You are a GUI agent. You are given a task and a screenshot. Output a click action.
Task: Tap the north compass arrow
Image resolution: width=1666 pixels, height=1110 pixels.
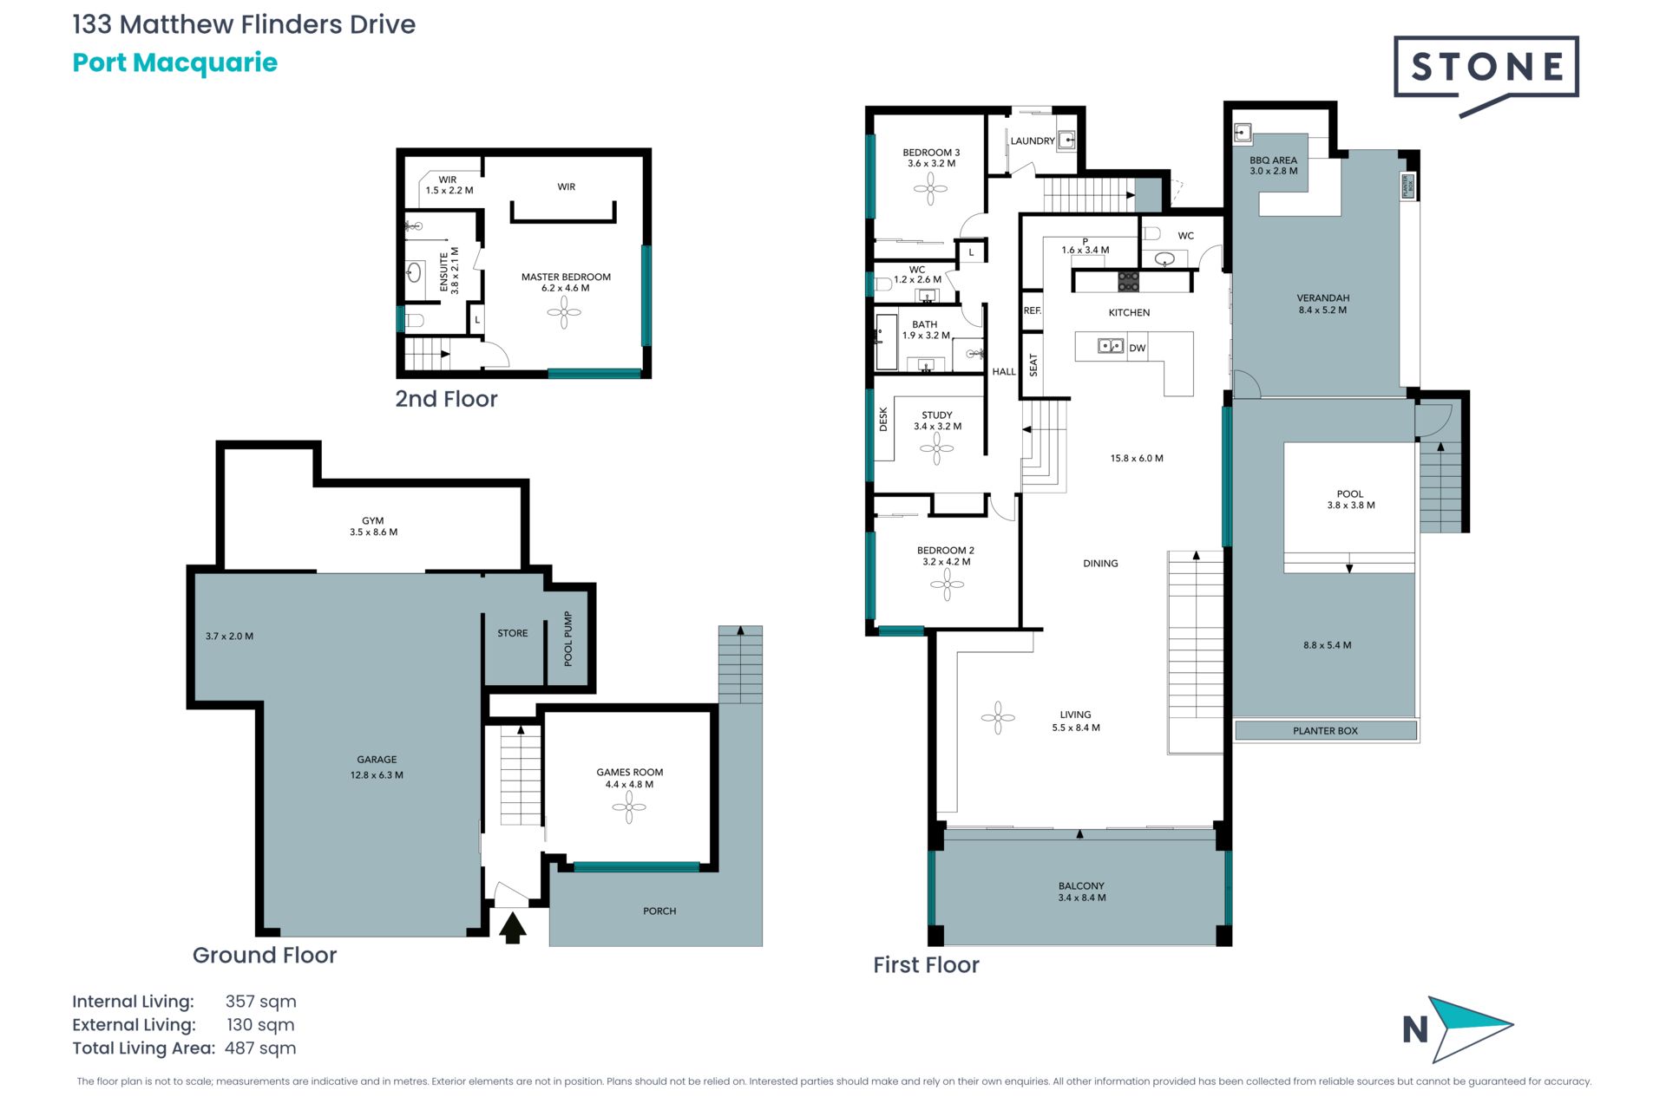[x=1470, y=1029]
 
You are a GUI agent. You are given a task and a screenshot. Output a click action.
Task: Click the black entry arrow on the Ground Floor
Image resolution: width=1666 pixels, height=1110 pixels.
[x=513, y=927]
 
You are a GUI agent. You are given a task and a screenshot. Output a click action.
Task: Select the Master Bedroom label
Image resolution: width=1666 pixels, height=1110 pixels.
[x=566, y=277]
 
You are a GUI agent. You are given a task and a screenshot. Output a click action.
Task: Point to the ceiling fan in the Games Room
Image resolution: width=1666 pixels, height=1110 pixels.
[x=629, y=808]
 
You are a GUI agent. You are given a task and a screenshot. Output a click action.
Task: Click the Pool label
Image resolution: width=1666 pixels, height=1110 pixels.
[x=1350, y=494]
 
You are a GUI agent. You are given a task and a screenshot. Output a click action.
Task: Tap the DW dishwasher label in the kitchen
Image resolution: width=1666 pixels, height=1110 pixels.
[x=1138, y=349]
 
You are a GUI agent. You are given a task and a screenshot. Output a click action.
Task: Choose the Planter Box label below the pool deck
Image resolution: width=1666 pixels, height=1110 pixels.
[x=1325, y=731]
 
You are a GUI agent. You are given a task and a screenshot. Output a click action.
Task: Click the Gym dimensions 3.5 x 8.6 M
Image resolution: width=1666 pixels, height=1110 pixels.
[x=373, y=532]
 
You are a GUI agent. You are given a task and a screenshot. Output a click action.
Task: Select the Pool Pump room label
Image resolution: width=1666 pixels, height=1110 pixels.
[x=568, y=639]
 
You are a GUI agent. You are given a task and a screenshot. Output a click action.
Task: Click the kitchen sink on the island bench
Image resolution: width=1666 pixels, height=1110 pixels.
[x=1111, y=346]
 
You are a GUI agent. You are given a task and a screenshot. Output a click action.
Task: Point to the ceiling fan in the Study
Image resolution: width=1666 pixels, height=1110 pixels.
[x=936, y=448]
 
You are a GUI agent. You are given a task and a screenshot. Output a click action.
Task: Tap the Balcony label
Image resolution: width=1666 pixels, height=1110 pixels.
[x=1081, y=886]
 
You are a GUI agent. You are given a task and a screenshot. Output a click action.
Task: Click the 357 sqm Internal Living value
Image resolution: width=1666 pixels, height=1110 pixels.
[x=260, y=1002]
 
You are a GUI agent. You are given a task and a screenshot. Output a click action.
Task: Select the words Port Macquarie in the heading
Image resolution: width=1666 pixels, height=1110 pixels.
[x=174, y=62]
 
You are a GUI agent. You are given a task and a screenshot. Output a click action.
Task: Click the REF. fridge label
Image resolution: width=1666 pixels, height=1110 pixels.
[x=1032, y=310]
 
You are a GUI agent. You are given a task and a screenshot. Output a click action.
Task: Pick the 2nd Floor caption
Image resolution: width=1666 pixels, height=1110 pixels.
[x=446, y=399]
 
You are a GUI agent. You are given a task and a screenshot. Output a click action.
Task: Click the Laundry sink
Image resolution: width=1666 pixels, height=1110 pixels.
[x=1066, y=139]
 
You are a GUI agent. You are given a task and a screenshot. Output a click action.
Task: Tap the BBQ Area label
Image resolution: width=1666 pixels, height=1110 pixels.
[x=1273, y=160]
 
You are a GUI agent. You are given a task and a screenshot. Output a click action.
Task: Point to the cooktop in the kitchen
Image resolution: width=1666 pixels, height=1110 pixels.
[x=1128, y=281]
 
